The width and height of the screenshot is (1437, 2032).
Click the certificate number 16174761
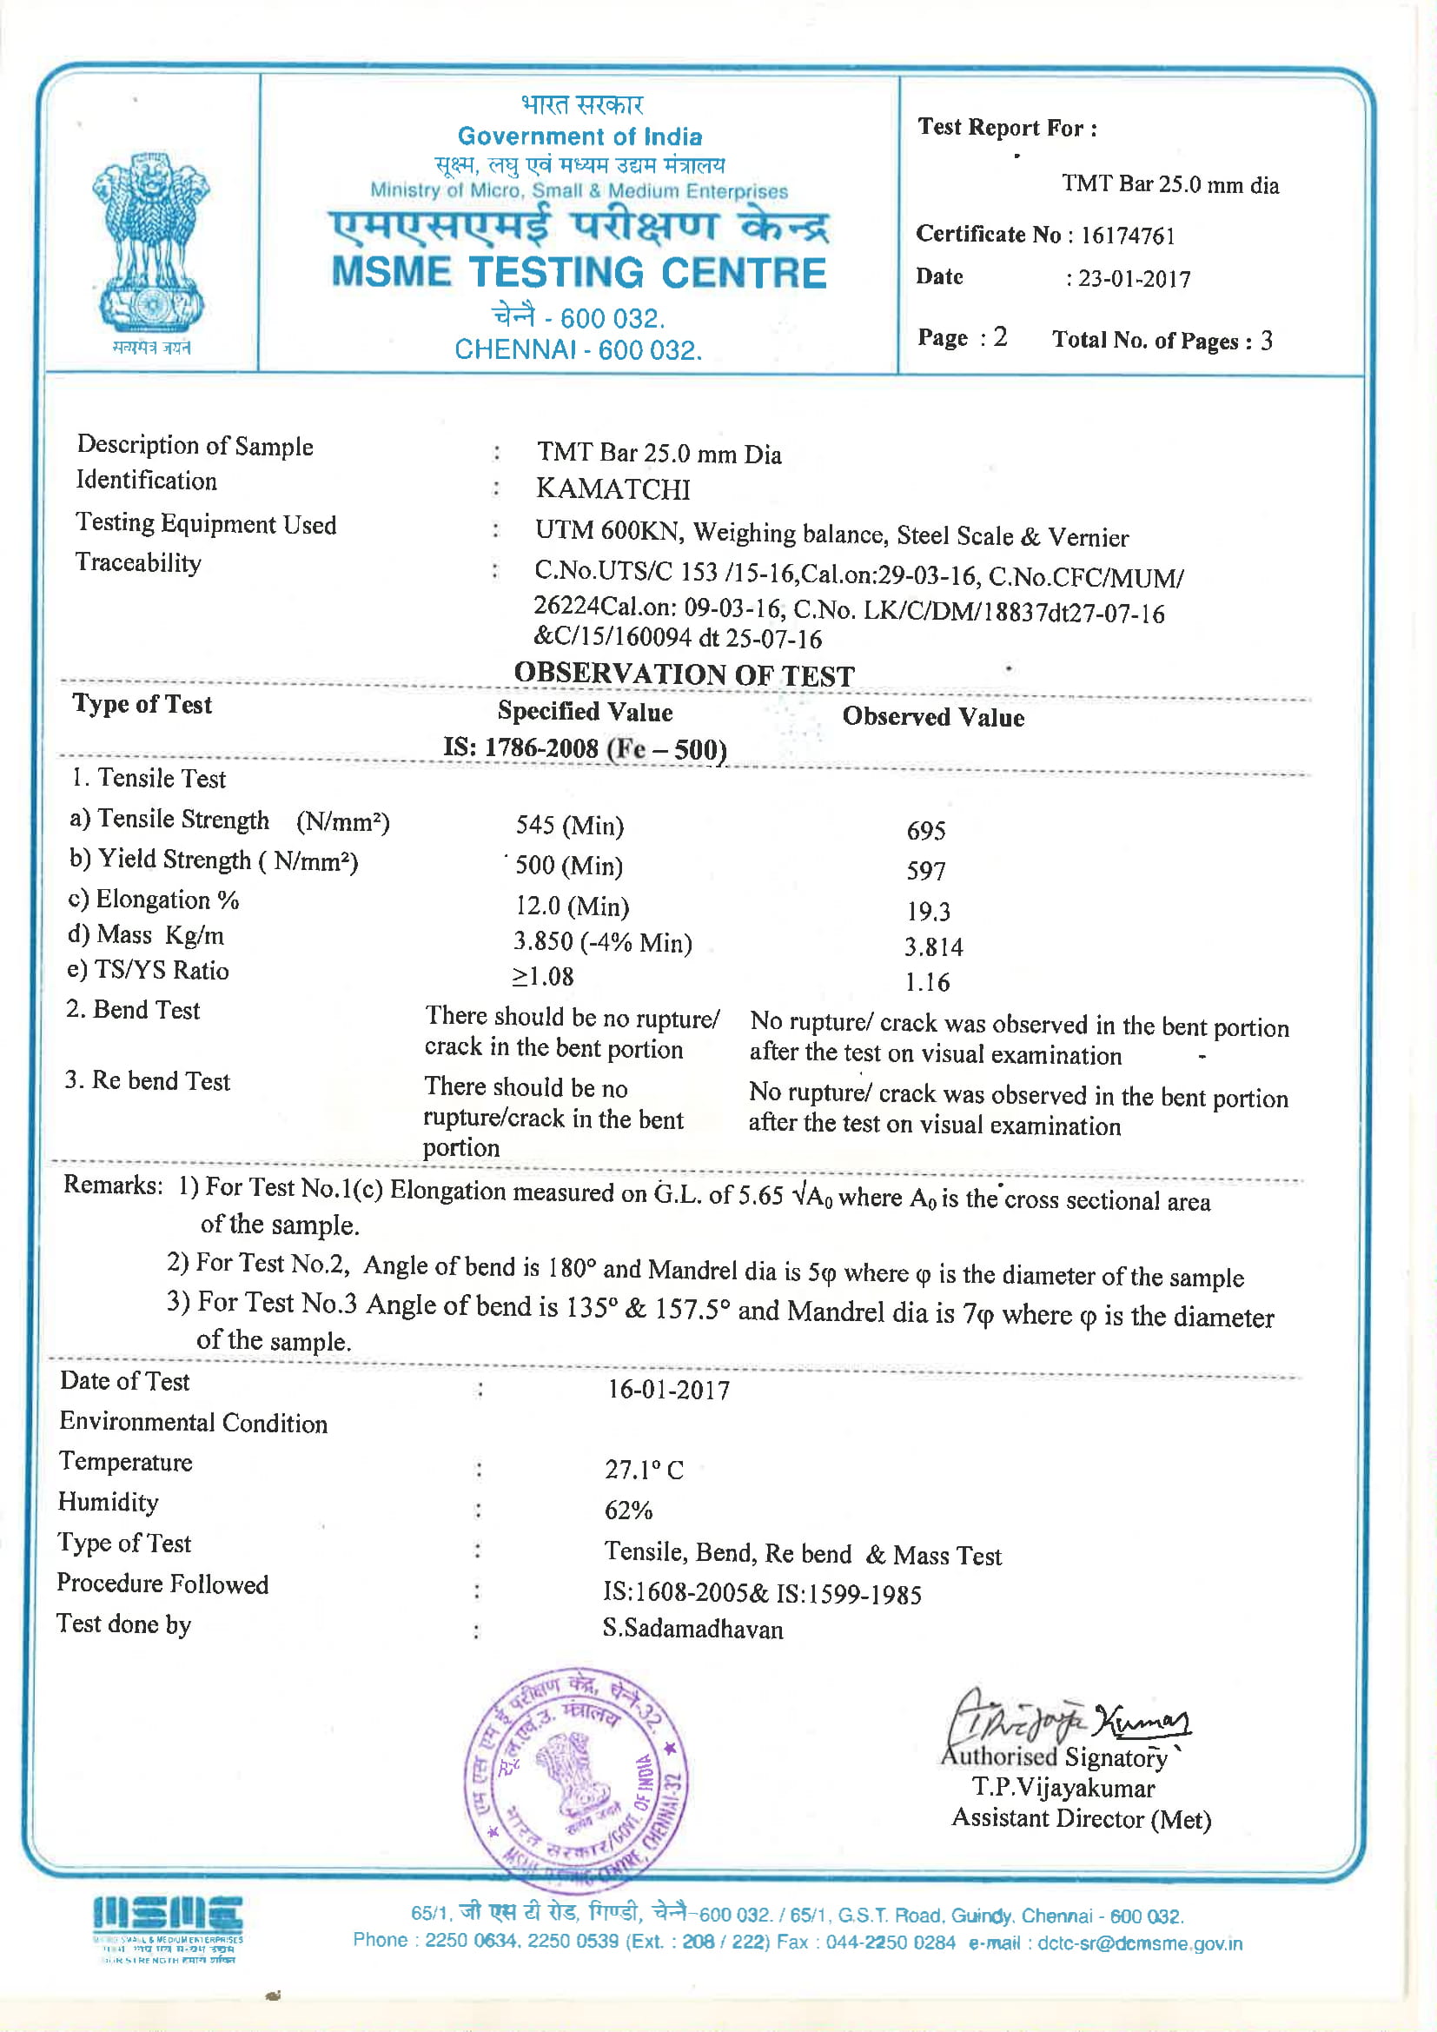coord(1128,236)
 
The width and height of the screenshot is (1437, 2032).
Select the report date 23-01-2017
coord(1134,280)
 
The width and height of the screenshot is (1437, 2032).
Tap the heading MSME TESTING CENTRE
coord(579,273)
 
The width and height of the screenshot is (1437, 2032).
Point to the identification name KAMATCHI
coord(613,488)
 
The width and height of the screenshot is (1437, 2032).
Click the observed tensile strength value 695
coord(925,830)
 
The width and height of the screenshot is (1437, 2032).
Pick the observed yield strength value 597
coord(925,871)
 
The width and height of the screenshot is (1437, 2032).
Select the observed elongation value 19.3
coord(927,911)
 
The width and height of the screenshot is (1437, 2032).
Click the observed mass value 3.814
coord(932,947)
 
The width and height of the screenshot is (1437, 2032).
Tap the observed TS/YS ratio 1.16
coord(926,982)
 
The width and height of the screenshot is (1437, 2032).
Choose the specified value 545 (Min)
coord(570,826)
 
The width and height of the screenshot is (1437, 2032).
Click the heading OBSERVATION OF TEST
coord(684,675)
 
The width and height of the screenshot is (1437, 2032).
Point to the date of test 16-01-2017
coord(668,1390)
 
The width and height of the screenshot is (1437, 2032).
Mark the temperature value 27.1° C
coord(643,1470)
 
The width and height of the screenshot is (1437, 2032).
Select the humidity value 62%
coord(628,1510)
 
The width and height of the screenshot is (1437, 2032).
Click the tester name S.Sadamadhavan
coord(692,1630)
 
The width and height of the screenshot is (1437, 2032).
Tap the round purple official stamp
coord(577,1780)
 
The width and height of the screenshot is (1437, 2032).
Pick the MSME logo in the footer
coord(167,1928)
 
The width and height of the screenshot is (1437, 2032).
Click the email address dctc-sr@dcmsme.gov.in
coord(1140,1943)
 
